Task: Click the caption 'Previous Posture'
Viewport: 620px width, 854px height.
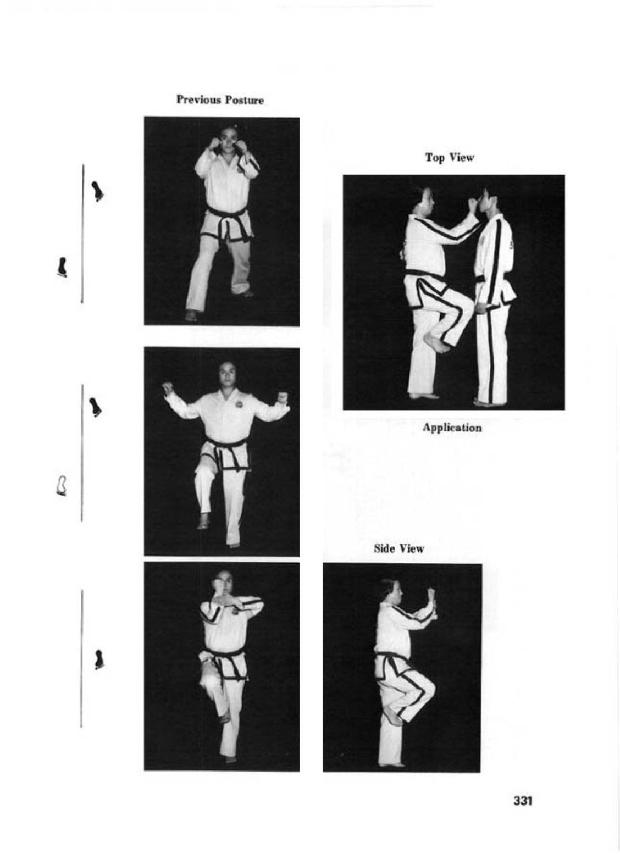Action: (220, 100)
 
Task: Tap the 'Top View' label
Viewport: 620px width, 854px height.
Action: (450, 157)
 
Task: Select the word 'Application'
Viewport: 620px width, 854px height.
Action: (452, 428)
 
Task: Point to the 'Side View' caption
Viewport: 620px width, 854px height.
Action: (399, 548)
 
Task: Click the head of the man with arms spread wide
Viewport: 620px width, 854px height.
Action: (227, 374)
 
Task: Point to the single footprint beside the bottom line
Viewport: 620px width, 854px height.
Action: (99, 659)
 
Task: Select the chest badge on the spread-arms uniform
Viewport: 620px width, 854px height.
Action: (241, 404)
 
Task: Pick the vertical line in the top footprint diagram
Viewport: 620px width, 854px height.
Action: (83, 234)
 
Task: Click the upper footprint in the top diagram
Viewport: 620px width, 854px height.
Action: (97, 191)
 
